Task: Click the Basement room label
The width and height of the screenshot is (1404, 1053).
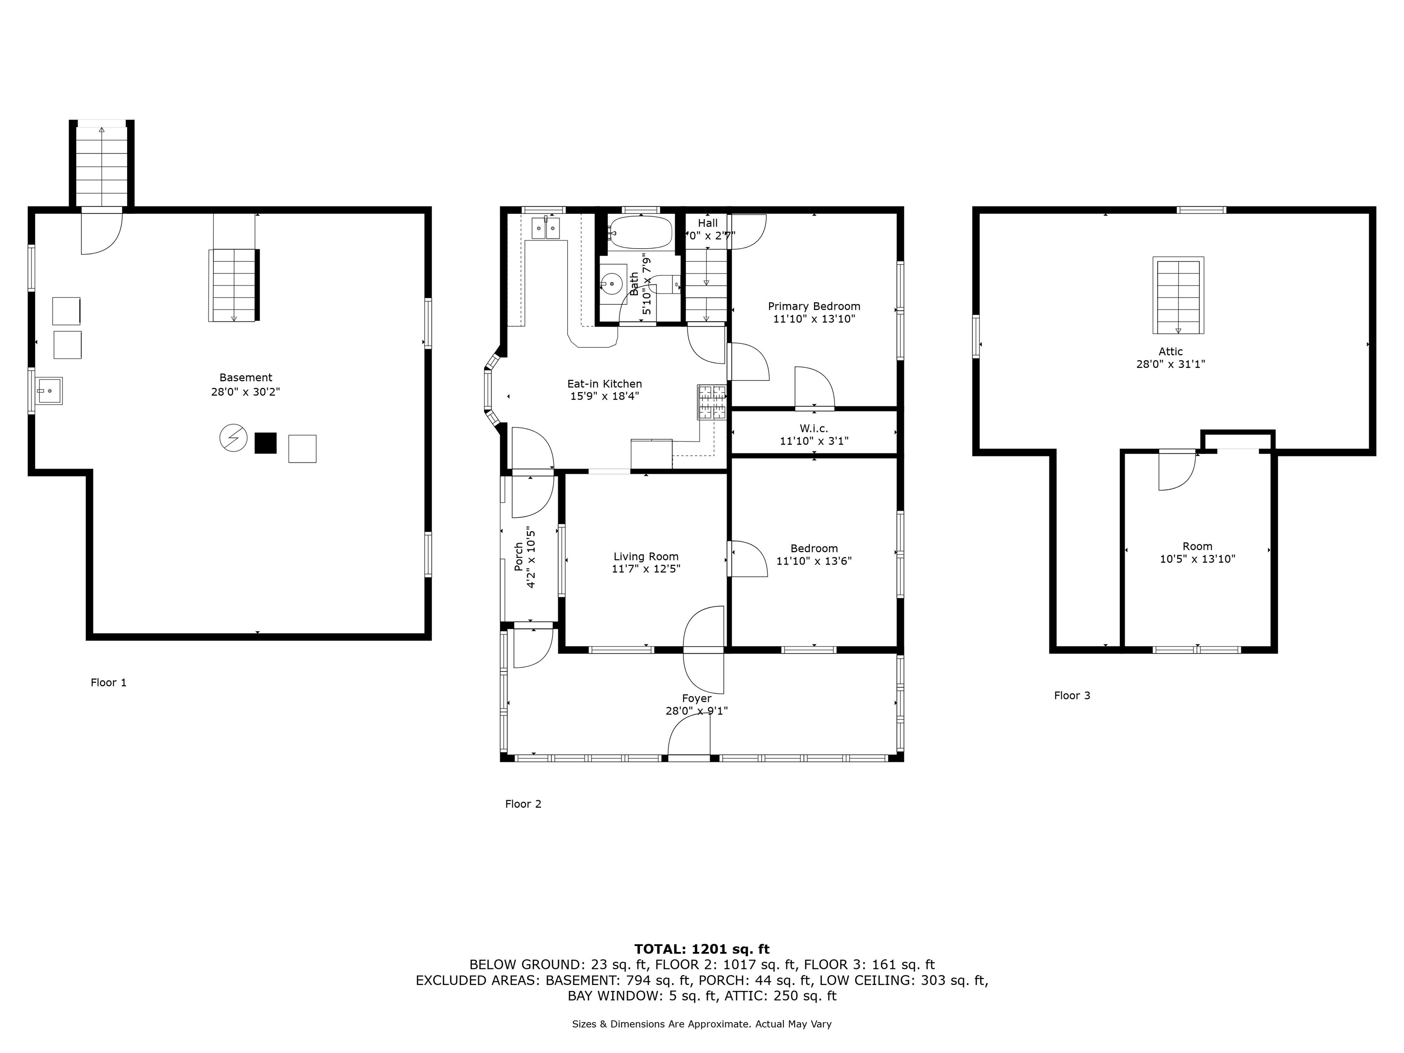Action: coord(245,378)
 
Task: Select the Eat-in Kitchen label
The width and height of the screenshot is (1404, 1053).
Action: coord(604,384)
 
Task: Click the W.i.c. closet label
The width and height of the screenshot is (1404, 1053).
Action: coord(814,428)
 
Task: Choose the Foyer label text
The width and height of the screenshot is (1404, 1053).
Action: coord(697,699)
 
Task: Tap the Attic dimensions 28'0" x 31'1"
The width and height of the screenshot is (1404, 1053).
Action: coord(1170,364)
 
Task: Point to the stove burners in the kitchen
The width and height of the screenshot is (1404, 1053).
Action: coord(712,402)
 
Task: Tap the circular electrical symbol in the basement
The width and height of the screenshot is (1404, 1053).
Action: coord(233,438)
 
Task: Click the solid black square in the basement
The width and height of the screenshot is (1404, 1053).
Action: coord(266,443)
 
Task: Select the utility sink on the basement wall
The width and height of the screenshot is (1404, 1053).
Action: coord(48,391)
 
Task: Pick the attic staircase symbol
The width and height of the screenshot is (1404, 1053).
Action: coord(1178,295)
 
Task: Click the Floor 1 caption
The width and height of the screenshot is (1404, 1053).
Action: coord(108,683)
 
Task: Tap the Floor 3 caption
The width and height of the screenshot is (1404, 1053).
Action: coord(1072,696)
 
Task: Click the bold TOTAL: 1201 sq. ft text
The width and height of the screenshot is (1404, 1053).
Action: coord(702,949)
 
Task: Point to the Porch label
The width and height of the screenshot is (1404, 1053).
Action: coord(519,556)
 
